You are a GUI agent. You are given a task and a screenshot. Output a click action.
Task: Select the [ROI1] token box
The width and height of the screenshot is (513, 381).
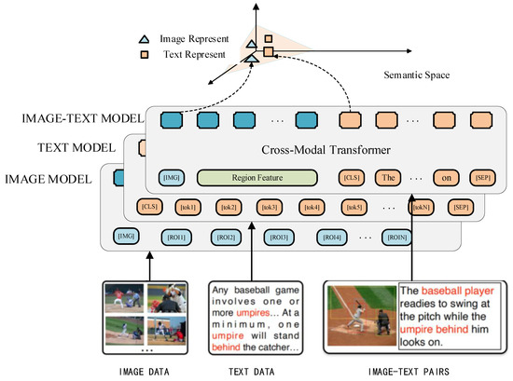click(174, 238)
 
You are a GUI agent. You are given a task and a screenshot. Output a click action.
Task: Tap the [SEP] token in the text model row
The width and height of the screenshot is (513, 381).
click(460, 206)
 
